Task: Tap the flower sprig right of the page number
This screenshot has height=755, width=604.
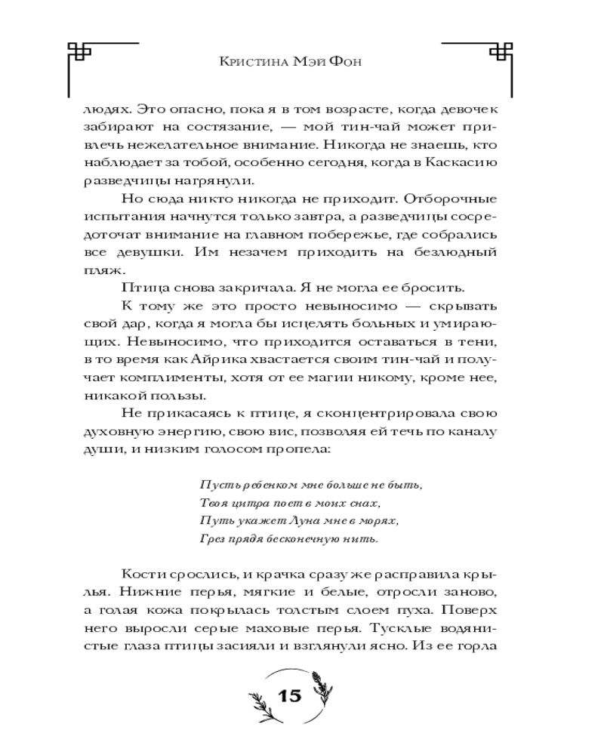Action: [322, 691]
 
